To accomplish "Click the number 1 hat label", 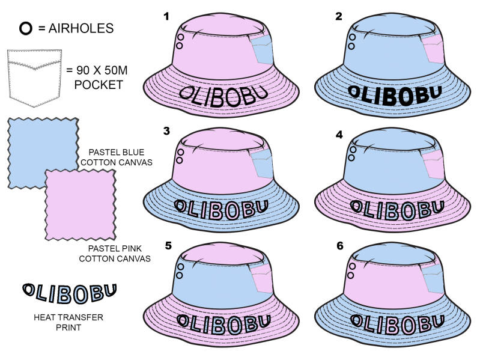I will (166, 16).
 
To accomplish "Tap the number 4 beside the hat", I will (339, 135).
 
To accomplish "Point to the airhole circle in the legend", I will (26, 28).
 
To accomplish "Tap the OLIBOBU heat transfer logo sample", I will (69, 292).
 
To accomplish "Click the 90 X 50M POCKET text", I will (99, 78).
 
